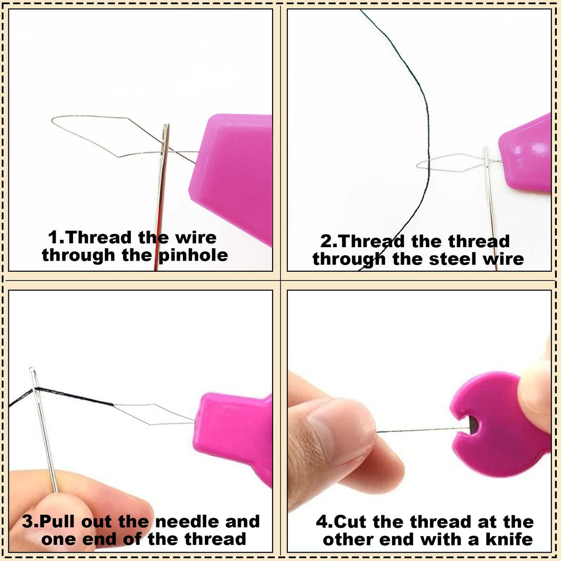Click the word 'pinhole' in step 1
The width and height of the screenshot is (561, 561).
coord(193,256)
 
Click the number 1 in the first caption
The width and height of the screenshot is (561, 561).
coord(54,238)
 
